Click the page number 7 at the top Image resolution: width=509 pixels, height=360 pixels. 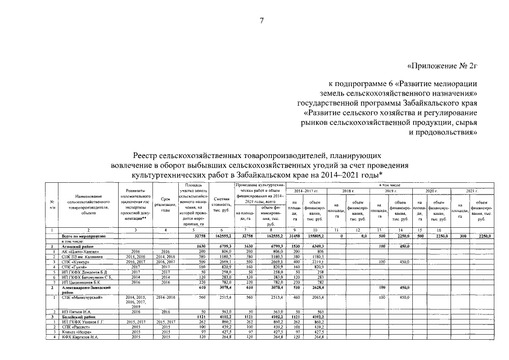pos(261,21)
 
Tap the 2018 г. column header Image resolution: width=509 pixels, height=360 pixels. pos(349,191)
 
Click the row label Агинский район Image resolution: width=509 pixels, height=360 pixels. pos(82,246)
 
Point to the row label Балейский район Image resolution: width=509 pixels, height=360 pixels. pos(82,317)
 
